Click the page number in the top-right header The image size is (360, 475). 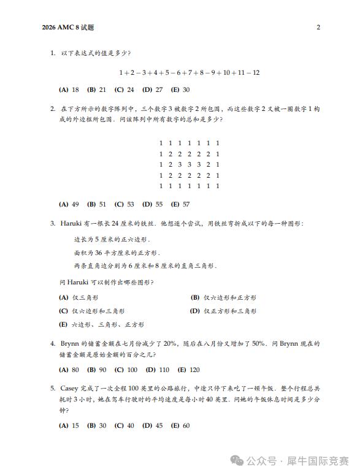[318, 28]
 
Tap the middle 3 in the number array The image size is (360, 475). [189, 164]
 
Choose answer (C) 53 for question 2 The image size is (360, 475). [125, 204]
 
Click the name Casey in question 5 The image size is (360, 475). [70, 388]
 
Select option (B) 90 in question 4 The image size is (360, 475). [98, 370]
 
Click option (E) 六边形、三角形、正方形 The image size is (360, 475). [102, 324]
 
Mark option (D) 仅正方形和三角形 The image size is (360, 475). [223, 311]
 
